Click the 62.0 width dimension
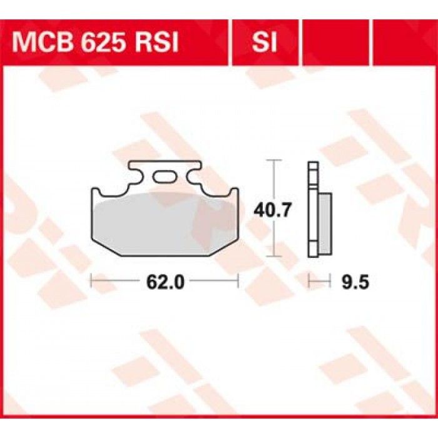click(165, 282)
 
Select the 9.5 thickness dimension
click(355, 282)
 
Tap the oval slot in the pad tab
click(165, 176)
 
